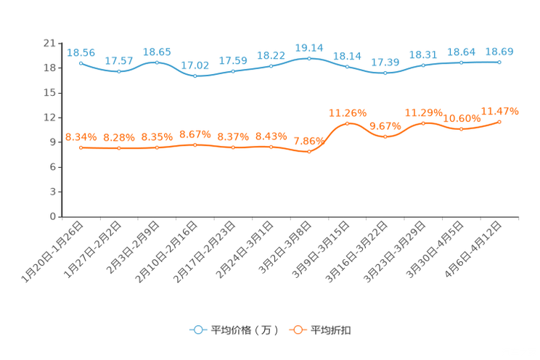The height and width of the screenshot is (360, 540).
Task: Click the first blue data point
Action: (81, 63)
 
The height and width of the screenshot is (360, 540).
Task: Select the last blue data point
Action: (499, 62)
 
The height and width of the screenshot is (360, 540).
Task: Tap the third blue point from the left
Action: (157, 62)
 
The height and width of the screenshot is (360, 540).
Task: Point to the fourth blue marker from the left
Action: (195, 75)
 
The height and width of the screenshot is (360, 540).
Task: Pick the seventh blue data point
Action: (309, 57)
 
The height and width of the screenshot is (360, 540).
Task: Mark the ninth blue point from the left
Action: (385, 73)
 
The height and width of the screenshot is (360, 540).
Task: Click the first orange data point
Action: (81, 148)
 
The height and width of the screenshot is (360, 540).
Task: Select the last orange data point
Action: (499, 122)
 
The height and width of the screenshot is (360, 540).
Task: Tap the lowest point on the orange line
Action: (309, 152)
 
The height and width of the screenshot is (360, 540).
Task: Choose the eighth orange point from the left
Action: (348, 123)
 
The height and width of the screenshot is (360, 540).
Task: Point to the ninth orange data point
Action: (385, 136)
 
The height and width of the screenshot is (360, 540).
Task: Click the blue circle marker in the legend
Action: (197, 330)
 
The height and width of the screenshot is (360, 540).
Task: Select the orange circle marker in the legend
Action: (297, 330)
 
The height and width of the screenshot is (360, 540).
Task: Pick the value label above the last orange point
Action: (501, 111)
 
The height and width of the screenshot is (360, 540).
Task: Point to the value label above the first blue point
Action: (81, 52)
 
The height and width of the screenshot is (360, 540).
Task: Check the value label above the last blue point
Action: (499, 51)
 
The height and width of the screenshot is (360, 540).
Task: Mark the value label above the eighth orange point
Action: (348, 112)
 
